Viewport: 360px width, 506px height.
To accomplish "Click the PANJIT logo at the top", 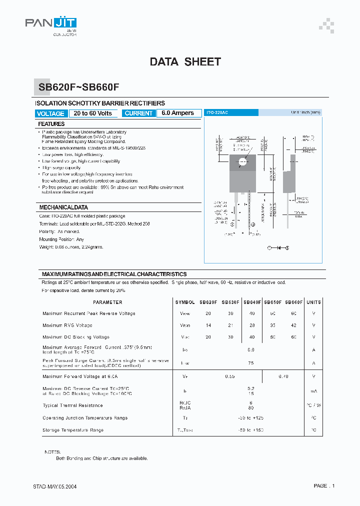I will click(51, 24).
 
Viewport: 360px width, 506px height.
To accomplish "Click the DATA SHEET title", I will click(185, 62).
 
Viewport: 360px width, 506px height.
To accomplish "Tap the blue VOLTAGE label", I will click(51, 113).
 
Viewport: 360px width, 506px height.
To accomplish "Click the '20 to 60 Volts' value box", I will click(92, 113).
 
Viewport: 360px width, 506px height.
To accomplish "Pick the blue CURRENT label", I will click(138, 113).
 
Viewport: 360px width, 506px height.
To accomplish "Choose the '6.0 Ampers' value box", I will click(178, 113).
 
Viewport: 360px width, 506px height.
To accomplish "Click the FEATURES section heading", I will click(51, 124).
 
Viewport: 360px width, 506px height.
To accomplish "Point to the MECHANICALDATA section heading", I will click(63, 207).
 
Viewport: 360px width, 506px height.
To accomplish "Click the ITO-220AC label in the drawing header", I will click(217, 113).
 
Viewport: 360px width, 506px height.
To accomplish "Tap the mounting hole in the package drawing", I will click(243, 161).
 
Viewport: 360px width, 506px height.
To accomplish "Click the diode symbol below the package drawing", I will click(278, 247).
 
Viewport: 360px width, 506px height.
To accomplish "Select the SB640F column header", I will click(252, 302).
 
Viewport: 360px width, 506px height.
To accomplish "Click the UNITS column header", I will click(313, 302).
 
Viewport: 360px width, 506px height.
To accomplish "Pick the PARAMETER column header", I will click(107, 302).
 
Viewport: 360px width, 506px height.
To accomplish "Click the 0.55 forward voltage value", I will click(229, 376).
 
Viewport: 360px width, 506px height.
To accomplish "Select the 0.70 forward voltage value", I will click(283, 376).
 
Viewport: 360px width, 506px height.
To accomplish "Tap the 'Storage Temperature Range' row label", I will click(73, 430).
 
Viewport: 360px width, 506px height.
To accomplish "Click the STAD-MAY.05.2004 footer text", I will click(55, 486).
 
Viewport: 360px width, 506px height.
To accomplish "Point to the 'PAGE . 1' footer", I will click(324, 486).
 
